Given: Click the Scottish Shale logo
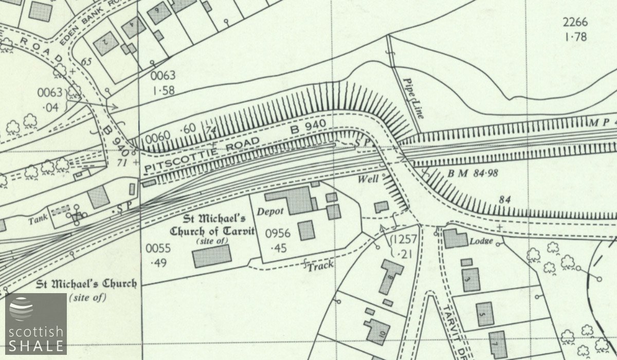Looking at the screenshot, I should [35, 323].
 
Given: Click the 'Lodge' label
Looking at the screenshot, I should [484, 241].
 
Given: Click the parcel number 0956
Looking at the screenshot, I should [278, 234].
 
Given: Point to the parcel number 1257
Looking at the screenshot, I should [403, 240].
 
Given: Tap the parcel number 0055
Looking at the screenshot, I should [157, 248].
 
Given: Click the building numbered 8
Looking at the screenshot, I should [392, 277].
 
